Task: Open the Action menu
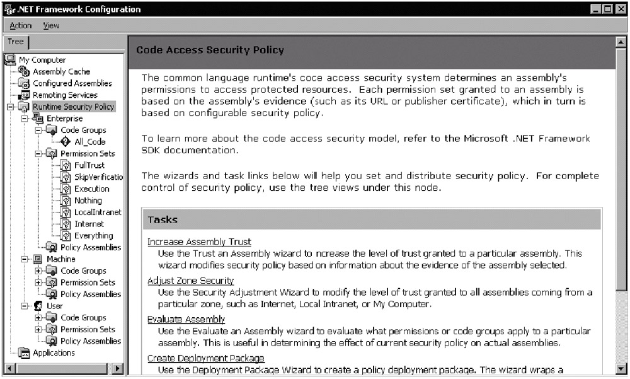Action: coord(21,26)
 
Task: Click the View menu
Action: coord(51,26)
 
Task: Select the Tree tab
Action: coord(16,42)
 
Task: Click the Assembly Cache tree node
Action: coord(61,72)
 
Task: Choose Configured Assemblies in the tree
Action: coord(72,83)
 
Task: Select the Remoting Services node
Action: coord(65,95)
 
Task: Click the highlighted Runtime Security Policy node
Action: coord(73,107)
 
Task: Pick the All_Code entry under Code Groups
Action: coord(89,142)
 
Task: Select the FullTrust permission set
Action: coord(89,165)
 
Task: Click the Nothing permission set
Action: coord(88,201)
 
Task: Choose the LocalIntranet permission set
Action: coord(98,213)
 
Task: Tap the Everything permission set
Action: coord(93,236)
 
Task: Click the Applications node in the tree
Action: coord(54,353)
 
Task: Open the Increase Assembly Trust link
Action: coord(199,242)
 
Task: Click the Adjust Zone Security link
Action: coord(190,281)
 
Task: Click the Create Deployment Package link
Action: coord(205,358)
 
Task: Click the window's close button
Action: coord(621,9)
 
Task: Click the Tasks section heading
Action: coord(163,220)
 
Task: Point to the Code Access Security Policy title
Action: coord(210,50)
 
